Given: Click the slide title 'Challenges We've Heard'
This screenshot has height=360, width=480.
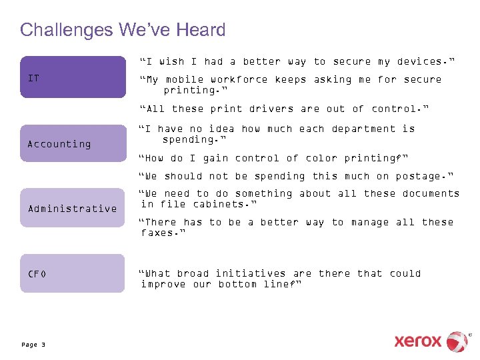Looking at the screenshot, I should pyautogui.click(x=123, y=30).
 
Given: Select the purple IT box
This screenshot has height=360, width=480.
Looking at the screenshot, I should pyautogui.click(x=72, y=77).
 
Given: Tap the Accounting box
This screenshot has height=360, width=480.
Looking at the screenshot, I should pyautogui.click(x=72, y=143).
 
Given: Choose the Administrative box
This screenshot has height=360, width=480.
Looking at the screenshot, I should pyautogui.click(x=72, y=208).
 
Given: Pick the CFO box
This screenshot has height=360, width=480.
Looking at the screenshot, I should pyautogui.click(x=72, y=273).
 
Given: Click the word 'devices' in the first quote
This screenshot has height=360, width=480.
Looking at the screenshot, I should pyautogui.click(x=423, y=61).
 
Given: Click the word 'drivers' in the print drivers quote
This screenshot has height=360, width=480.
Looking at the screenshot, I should pyautogui.click(x=271, y=109).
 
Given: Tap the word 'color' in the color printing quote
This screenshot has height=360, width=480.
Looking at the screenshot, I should pyautogui.click(x=321, y=158).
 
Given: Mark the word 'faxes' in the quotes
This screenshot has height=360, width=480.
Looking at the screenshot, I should pyautogui.click(x=159, y=233).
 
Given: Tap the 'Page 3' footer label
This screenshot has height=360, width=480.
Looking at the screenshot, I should pyautogui.click(x=33, y=345).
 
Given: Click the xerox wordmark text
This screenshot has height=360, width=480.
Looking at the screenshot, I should pyautogui.click(x=417, y=341).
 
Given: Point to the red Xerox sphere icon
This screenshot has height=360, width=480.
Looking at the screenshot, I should pyautogui.click(x=457, y=341).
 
